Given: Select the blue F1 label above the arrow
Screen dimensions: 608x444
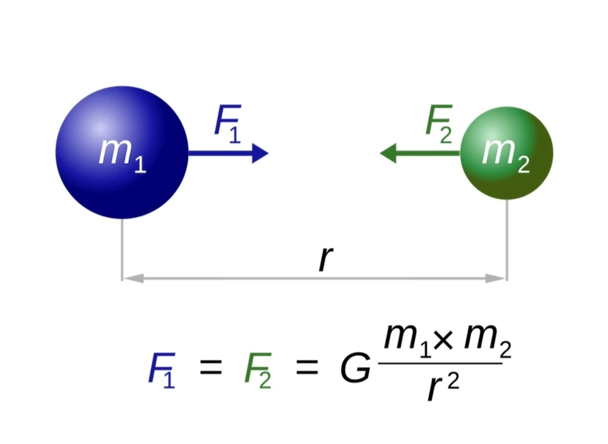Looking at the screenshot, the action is click(228, 124).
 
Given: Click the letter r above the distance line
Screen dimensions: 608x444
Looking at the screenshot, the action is click(325, 258).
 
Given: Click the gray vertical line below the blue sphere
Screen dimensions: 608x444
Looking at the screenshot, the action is click(122, 248).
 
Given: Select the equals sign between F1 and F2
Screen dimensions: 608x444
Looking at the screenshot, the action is click(210, 370).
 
